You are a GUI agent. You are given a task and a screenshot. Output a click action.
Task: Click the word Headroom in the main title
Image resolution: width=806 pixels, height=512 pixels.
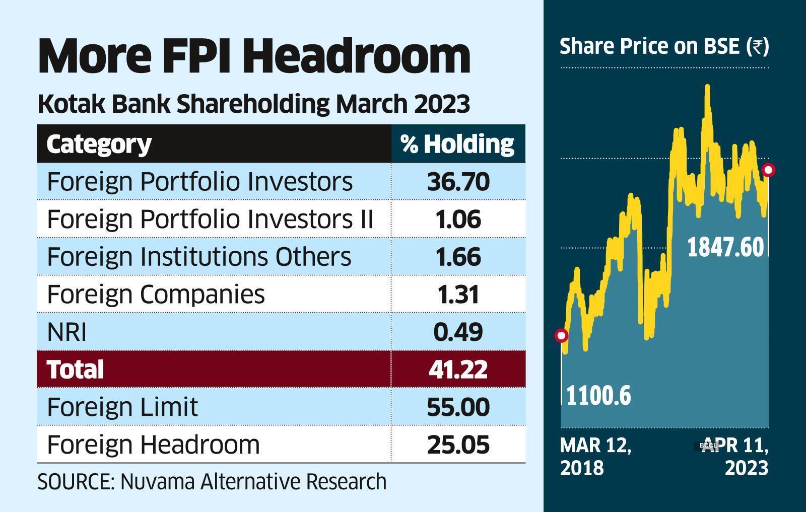click(x=358, y=56)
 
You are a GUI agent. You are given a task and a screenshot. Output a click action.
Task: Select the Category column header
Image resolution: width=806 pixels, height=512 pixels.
click(x=99, y=144)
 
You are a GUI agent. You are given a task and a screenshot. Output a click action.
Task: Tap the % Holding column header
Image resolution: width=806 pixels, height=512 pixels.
click(x=458, y=144)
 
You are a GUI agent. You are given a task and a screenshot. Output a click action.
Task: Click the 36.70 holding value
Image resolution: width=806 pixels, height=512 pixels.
click(x=458, y=181)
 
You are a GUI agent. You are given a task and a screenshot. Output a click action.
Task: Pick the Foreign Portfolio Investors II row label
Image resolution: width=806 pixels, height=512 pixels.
click(x=210, y=219)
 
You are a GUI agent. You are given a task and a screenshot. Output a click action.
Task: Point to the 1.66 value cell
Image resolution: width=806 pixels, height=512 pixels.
click(x=458, y=257)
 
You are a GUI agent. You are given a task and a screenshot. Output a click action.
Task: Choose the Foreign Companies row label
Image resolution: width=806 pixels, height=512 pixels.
click(x=156, y=294)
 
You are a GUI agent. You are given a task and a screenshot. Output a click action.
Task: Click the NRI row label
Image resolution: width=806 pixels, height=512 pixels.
click(x=66, y=332)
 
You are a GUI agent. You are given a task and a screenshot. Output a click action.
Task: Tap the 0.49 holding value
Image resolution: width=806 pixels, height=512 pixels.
click(x=458, y=332)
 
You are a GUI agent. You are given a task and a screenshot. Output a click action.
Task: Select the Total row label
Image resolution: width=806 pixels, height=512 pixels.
click(x=75, y=369)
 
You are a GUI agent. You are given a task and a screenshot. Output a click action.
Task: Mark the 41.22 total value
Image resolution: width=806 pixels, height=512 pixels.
click(x=458, y=369)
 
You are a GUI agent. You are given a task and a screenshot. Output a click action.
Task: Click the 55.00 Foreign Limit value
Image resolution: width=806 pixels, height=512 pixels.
click(x=458, y=407)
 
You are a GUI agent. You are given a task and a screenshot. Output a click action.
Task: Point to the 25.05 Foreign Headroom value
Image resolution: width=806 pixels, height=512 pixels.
click(x=458, y=445)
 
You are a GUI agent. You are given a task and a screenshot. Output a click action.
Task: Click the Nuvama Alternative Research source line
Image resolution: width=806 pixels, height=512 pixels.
click(x=212, y=482)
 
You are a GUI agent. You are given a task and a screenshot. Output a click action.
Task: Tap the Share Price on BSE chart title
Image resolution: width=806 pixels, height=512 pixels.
click(x=664, y=46)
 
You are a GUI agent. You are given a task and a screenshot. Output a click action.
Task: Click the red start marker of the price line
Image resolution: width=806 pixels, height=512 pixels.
click(x=561, y=335)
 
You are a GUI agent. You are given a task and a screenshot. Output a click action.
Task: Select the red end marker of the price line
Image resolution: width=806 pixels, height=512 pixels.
click(x=768, y=170)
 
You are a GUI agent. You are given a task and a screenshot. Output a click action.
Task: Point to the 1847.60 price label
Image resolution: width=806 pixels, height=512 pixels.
click(x=726, y=248)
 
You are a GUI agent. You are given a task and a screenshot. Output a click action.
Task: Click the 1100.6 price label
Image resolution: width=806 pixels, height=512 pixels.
click(x=598, y=396)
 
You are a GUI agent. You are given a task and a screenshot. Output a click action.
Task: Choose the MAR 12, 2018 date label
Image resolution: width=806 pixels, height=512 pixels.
click(x=595, y=457)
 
